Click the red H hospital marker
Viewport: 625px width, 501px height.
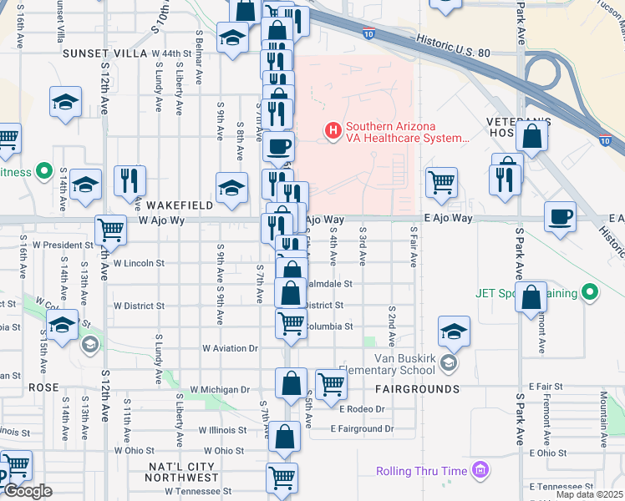(333, 130)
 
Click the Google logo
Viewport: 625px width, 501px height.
(28, 491)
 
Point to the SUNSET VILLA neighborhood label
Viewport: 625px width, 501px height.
(104, 53)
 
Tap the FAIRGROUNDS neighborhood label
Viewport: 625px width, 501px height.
(417, 389)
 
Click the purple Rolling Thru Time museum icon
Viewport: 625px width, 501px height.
(480, 471)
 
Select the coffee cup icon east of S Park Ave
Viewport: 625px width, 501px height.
(560, 218)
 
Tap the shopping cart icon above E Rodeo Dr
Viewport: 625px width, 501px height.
(331, 382)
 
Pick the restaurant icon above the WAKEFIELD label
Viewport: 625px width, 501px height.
(130, 179)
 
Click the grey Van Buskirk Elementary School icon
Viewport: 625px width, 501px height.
(450, 362)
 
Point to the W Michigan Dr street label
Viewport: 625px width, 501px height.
(220, 389)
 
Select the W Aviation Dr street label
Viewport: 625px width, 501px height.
(230, 348)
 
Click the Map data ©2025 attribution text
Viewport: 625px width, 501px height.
(589, 494)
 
